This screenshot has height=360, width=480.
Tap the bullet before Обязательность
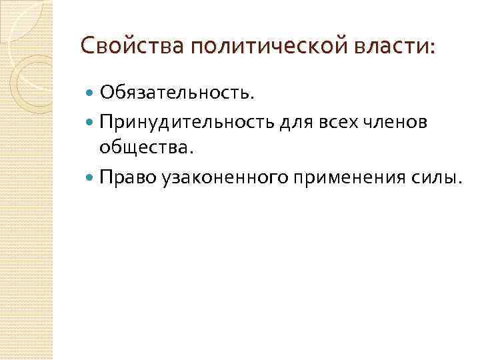[91, 93]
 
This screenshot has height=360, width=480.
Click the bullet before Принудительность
[91, 123]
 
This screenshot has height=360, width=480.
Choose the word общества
[143, 149]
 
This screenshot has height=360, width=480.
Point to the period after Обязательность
[252, 98]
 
